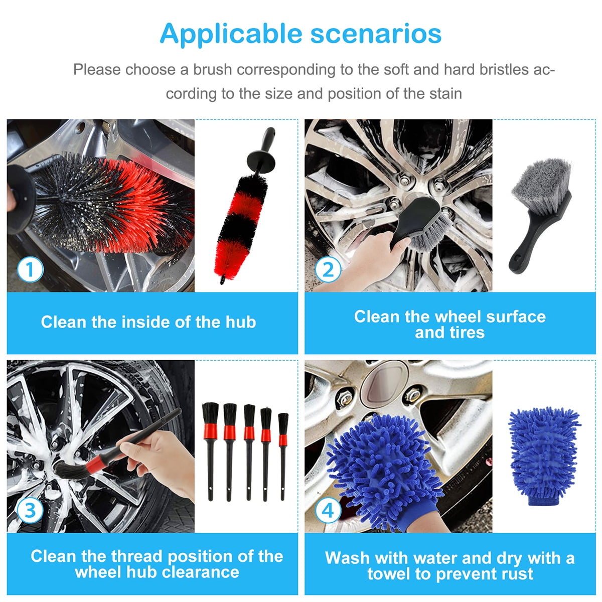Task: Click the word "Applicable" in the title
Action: (230, 34)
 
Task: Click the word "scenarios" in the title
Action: (376, 34)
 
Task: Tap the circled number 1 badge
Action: (30, 270)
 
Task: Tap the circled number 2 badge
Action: (328, 270)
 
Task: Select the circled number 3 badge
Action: (30, 510)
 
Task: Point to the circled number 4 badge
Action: (328, 510)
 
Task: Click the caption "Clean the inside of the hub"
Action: (148, 322)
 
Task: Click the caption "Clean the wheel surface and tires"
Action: (449, 324)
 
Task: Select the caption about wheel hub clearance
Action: (157, 564)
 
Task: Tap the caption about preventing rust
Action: (449, 565)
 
